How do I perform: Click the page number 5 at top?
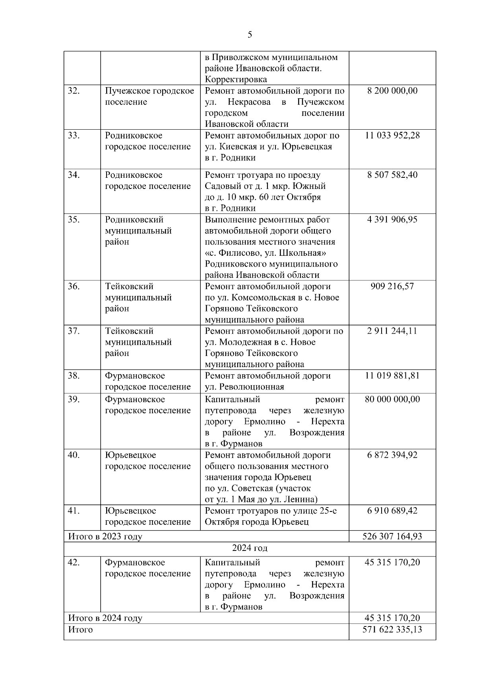[250, 35]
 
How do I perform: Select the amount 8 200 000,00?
[392, 91]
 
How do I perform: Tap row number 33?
[74, 136]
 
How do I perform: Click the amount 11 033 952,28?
[392, 136]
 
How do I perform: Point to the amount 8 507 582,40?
[392, 175]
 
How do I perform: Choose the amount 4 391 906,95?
[392, 220]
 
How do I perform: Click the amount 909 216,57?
[392, 286]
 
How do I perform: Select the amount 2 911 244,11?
[392, 331]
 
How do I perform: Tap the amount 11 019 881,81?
[392, 375]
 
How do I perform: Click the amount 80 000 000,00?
[392, 399]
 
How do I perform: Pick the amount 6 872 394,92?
[392, 455]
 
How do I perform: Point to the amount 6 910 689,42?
[392, 511]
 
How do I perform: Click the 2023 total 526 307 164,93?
[392, 536]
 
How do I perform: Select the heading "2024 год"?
[250, 548]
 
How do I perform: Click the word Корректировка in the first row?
[236, 80]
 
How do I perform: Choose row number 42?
[74, 563]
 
